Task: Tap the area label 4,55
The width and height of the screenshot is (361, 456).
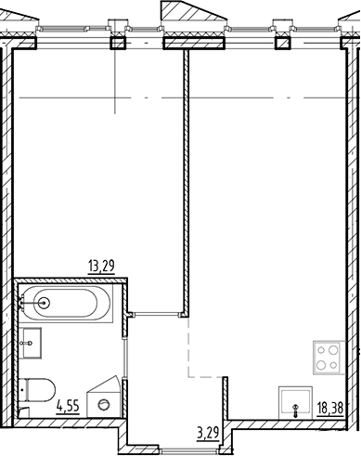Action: point(66,406)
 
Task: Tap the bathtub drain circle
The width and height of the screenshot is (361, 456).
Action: point(43,302)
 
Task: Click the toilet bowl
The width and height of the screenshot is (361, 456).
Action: point(40,389)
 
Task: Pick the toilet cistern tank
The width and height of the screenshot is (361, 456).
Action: point(23,390)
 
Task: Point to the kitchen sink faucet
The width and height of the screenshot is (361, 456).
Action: point(296,407)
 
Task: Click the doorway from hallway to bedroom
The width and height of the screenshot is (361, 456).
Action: point(160,314)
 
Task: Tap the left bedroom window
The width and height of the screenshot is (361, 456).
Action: point(74,40)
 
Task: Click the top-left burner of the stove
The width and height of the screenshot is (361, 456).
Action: point(320,350)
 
